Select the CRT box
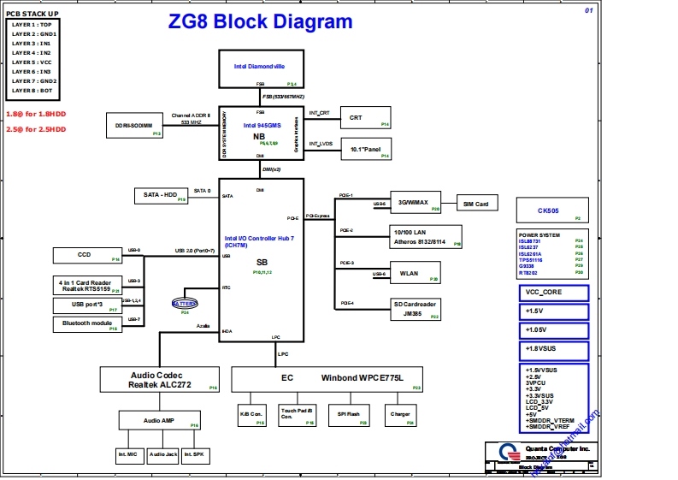pos(365,117)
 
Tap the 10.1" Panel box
pos(365,149)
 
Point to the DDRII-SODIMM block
pos(134,126)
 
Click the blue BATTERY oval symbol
pos(185,304)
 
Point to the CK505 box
pos(552,210)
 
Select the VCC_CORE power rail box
pos(552,293)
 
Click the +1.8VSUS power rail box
pos(552,349)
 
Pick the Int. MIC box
pos(129,454)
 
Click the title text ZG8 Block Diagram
pos(260,22)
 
